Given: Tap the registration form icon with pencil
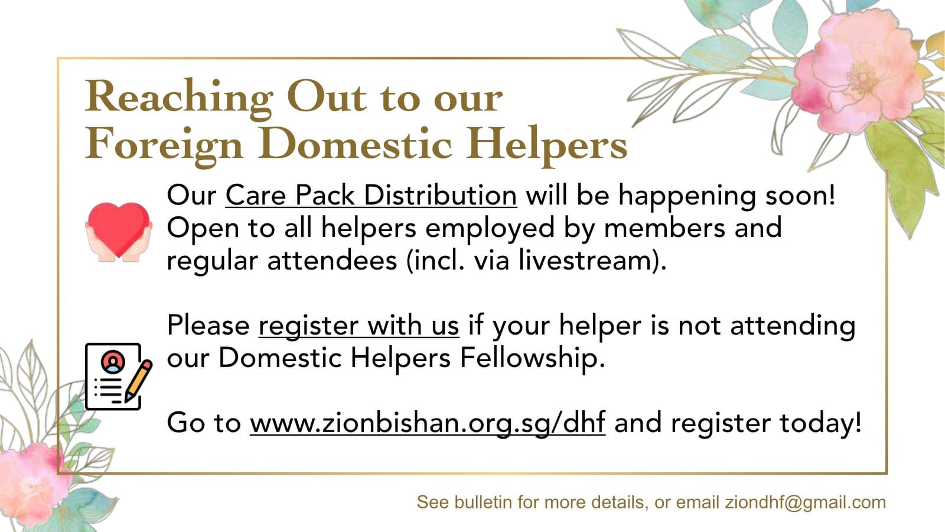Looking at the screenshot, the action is coord(119,377).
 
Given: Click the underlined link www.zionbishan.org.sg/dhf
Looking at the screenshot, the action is coord(428,423).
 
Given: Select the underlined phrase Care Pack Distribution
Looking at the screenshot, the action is coord(372,196).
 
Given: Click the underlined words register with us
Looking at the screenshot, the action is coord(359,326).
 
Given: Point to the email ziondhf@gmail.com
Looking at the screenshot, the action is coord(806,502).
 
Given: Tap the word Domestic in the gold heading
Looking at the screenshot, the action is coord(356,144).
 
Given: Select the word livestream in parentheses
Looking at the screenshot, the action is coord(584,260).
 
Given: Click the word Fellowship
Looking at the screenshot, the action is coord(532,359).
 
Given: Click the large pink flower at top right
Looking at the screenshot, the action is coord(856,72).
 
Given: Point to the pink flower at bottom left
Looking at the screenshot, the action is coord(32,481).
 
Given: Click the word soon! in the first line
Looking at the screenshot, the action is coord(800,196).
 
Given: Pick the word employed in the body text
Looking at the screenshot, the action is coord(490,229).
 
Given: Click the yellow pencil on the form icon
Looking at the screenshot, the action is coord(138,381).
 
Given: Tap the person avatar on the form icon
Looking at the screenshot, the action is coord(113,362).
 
